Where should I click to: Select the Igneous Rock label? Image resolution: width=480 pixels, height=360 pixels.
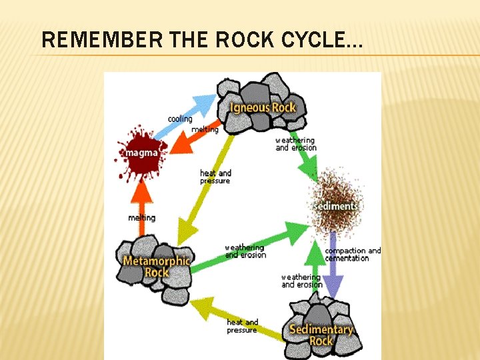click(263, 107)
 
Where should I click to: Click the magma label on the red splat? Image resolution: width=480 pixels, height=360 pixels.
click(141, 153)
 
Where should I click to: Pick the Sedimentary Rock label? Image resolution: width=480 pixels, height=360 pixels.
click(321, 335)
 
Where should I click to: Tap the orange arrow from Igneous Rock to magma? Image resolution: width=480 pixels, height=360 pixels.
click(194, 138)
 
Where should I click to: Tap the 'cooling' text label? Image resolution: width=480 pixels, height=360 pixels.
click(180, 119)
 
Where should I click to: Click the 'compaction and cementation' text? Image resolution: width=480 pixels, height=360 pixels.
click(353, 255)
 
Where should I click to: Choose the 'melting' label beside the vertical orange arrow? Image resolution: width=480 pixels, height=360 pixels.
click(141, 218)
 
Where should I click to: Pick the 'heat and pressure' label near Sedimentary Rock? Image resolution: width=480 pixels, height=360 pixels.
click(242, 326)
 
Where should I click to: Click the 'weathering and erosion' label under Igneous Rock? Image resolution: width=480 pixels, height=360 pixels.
click(295, 144)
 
